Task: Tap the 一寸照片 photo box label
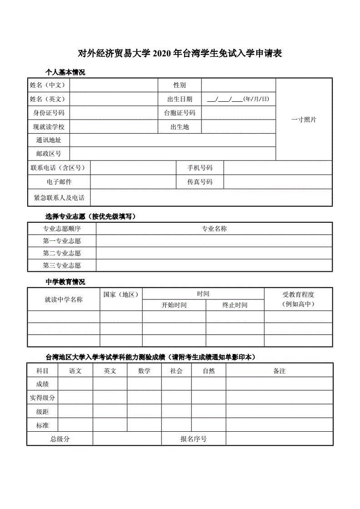tap(304, 120)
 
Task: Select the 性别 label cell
tap(180, 85)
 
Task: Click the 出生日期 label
tap(180, 99)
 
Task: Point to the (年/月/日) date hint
tap(256, 99)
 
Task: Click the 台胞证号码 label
tap(180, 113)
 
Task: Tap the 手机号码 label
tap(200, 168)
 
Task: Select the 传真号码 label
tap(200, 182)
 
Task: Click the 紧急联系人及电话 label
tap(59, 198)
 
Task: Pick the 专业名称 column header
tap(214, 229)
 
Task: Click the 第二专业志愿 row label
tap(62, 253)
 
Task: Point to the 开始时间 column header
tap(174, 305)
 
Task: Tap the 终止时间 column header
tap(235, 305)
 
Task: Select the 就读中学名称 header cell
tap(64, 299)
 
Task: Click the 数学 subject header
tap(145, 371)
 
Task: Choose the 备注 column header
tap(279, 371)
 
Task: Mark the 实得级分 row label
tap(42, 398)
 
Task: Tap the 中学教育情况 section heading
tap(65, 282)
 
